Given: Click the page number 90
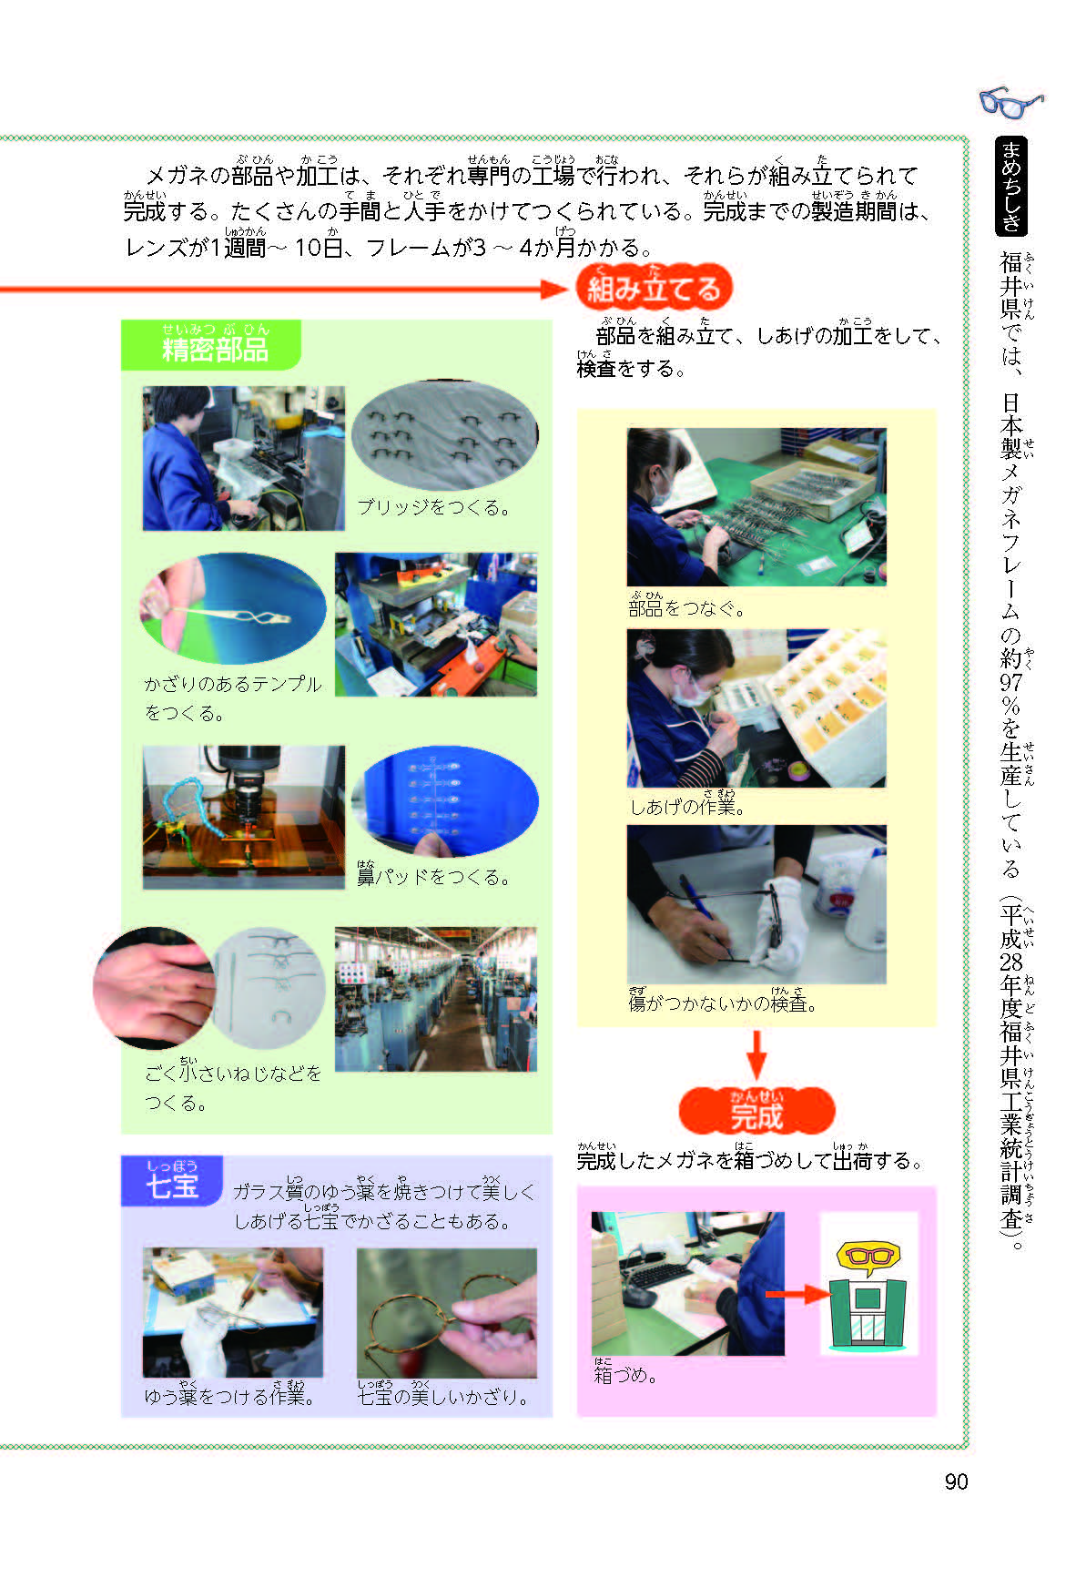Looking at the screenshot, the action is click(x=956, y=1481).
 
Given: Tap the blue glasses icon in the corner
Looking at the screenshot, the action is click(x=1011, y=101).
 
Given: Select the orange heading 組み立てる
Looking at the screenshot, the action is click(x=654, y=289).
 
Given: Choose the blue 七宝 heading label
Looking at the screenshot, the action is click(x=172, y=1182).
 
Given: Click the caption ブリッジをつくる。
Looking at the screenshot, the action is click(x=433, y=507).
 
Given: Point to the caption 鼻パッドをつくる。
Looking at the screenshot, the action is click(x=433, y=876).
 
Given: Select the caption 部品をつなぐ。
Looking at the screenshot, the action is click(x=686, y=606).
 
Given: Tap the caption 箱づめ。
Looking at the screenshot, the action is click(x=625, y=1373).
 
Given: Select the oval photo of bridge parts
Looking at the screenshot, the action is click(x=444, y=436).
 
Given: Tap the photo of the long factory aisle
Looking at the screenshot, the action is click(x=435, y=999).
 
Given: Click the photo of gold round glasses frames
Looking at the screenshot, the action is click(x=446, y=1312).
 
